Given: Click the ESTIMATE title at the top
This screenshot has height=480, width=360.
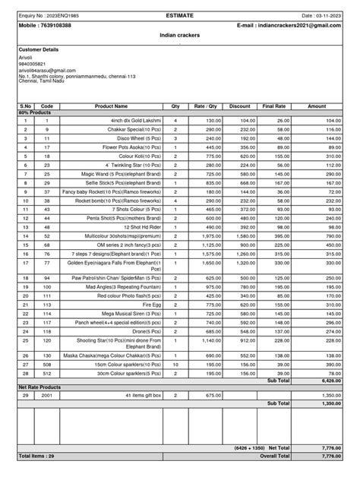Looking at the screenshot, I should (180, 14).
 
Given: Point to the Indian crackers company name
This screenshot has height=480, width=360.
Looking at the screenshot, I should (180, 35).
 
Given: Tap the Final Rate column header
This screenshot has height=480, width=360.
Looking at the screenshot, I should (274, 106).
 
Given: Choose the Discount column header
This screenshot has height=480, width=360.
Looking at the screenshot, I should (239, 106).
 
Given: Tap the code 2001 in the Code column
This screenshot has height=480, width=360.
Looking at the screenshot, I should (47, 396).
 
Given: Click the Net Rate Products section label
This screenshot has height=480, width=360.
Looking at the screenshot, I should (39, 387).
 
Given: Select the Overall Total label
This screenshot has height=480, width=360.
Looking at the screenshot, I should (274, 456).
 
